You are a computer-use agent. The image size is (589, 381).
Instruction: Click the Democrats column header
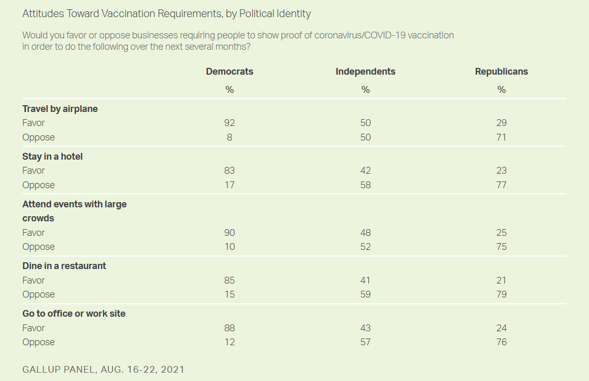[x=229, y=72]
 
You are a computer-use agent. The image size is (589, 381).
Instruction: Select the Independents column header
[x=365, y=72]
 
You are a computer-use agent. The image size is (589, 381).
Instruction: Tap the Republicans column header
[x=501, y=72]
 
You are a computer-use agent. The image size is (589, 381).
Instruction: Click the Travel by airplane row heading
[x=60, y=109]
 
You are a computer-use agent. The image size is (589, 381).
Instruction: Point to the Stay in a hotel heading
[x=52, y=157]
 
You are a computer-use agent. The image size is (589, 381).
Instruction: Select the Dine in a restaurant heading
[x=64, y=266]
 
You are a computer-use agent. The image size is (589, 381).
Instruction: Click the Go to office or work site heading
[x=74, y=314]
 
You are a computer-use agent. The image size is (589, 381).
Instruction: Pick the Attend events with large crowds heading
[x=74, y=211]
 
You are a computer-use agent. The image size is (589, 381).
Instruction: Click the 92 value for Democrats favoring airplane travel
[x=229, y=123]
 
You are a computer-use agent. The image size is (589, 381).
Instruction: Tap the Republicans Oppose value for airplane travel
[x=501, y=137]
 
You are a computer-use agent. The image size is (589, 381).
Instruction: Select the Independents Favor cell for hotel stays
[x=365, y=171]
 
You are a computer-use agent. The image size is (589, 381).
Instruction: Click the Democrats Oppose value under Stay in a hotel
[x=229, y=185]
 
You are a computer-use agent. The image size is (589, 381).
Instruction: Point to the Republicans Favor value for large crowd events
[x=501, y=233]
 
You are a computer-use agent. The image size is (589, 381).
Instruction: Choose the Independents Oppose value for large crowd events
[x=365, y=247]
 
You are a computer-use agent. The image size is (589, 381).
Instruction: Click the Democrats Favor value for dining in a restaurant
[x=229, y=280]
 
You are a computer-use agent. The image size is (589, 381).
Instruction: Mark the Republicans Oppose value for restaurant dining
[x=501, y=294]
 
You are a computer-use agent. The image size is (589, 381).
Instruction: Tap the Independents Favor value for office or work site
[x=365, y=328]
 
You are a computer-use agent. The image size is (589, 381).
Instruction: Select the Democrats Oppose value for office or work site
[x=229, y=342]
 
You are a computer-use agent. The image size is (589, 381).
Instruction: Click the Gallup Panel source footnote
[x=104, y=370]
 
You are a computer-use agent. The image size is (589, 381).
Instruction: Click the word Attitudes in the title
[x=42, y=13]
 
